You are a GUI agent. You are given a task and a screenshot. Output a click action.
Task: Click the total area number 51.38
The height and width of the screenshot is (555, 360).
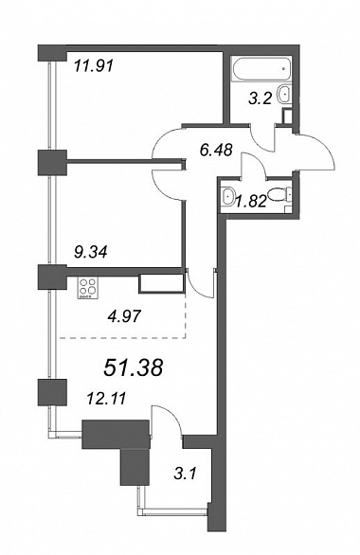click(x=133, y=367)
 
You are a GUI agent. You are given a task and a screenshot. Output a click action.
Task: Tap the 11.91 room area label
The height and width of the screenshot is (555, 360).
click(x=94, y=66)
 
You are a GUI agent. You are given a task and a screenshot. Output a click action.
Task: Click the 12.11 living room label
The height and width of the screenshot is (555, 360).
click(x=106, y=400)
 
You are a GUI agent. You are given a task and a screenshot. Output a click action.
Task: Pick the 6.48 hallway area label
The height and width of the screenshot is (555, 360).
click(x=216, y=150)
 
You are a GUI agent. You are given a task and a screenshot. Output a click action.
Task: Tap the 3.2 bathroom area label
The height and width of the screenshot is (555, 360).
click(x=260, y=98)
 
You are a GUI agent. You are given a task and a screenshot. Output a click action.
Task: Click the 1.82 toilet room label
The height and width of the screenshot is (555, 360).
click(x=251, y=202)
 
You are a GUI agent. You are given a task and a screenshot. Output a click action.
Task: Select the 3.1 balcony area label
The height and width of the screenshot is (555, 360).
click(x=185, y=474)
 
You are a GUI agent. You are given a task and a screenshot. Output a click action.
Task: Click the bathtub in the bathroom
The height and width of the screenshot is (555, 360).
click(x=261, y=69)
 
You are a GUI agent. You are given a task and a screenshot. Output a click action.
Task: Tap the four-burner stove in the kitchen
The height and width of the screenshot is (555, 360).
click(x=88, y=288)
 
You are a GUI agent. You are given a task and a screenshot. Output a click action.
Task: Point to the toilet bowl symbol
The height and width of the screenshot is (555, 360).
click(x=279, y=195)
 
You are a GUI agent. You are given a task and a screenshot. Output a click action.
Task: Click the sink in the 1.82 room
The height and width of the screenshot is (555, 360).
click(x=227, y=195)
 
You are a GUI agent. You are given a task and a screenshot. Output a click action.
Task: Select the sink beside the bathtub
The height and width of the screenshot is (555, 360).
click(x=285, y=94)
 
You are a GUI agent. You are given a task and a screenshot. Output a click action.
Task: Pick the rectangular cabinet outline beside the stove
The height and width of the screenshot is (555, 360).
click(x=162, y=283)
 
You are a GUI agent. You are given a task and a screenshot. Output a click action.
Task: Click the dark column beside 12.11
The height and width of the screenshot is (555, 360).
click(x=52, y=392)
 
